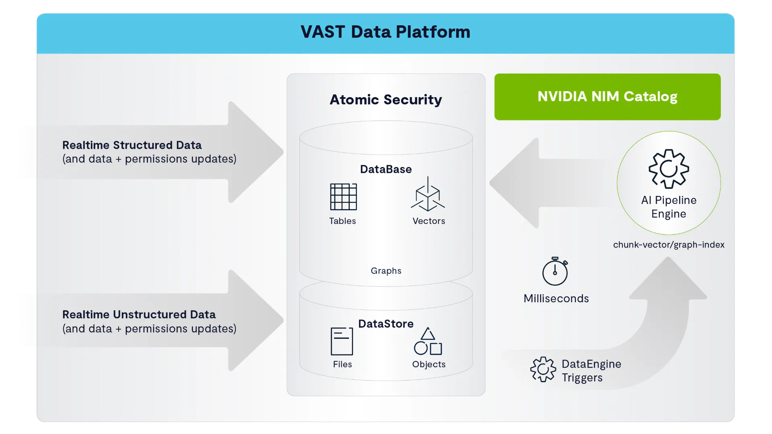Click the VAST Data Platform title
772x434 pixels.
click(x=385, y=32)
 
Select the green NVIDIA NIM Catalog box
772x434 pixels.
click(x=607, y=97)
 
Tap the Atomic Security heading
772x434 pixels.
click(x=386, y=99)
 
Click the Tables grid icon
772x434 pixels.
click(x=343, y=197)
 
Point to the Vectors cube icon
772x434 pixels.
click(x=428, y=194)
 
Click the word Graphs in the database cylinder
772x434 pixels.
click(x=386, y=271)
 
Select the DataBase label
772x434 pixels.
click(x=386, y=169)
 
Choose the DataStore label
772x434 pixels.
click(x=386, y=323)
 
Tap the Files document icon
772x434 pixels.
click(x=342, y=341)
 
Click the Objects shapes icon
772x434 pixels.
click(x=428, y=341)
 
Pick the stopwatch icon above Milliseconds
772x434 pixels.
click(x=555, y=271)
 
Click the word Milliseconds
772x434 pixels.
click(x=556, y=299)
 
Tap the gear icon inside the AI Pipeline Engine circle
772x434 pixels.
click(x=669, y=169)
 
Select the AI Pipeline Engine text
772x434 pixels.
click(x=669, y=207)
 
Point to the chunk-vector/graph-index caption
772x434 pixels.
click(x=669, y=245)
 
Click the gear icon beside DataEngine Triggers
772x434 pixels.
click(x=543, y=369)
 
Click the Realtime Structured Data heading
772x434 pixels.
click(x=132, y=145)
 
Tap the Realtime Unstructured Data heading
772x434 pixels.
click(x=139, y=314)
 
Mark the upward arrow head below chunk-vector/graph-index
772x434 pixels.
click(x=668, y=278)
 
